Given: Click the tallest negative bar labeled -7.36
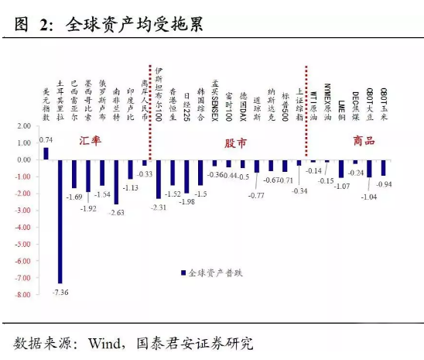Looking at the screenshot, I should pos(60,221).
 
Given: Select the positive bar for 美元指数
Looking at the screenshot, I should pos(46,153).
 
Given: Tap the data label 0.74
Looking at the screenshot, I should pos(46,140).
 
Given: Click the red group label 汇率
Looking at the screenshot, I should pos(92,142).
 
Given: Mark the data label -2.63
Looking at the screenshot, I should pos(117,212).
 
